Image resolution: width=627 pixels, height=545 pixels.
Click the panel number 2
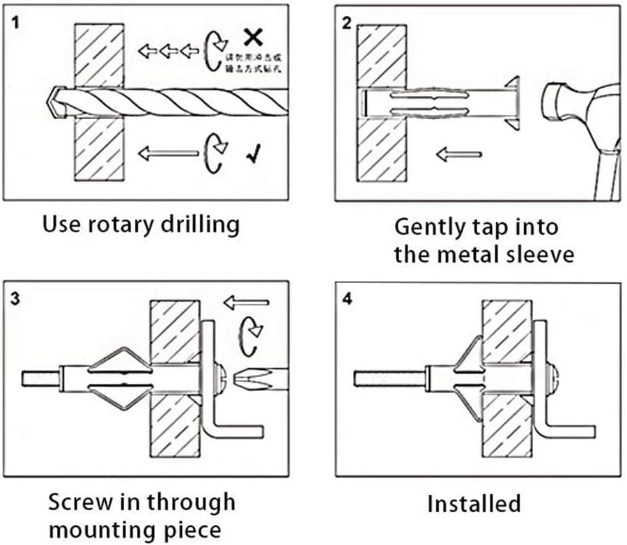click(x=346, y=22)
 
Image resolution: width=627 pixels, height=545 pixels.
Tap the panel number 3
click(x=15, y=300)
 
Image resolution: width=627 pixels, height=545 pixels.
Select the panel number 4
click(x=347, y=300)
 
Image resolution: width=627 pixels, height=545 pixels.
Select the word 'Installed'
click(x=474, y=503)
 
